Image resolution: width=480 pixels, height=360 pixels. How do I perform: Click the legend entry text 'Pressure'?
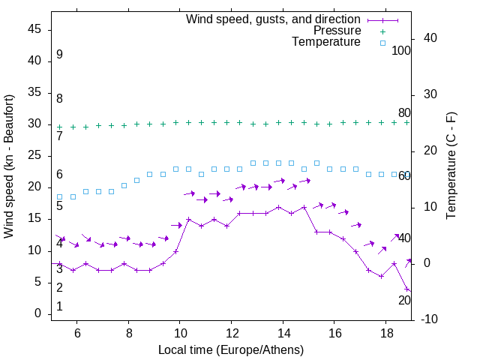(337, 31)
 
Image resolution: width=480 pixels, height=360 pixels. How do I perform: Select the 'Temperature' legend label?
(326, 42)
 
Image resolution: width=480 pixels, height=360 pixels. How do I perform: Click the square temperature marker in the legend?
(382, 43)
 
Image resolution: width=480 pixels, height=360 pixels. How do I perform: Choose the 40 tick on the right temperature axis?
(431, 38)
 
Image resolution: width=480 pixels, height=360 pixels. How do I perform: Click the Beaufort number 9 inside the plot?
(59, 55)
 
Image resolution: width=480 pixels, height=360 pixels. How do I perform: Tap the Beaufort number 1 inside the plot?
(59, 306)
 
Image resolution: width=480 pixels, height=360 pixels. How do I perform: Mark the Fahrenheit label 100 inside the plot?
(401, 50)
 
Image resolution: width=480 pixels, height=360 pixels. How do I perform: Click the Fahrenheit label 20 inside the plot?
(404, 300)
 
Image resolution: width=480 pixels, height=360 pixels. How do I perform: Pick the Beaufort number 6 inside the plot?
(59, 175)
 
